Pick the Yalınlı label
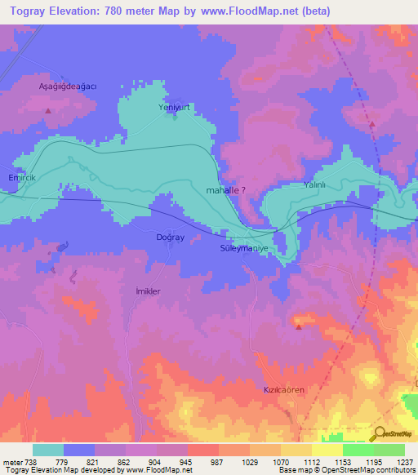tap(314, 185)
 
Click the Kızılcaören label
tap(283, 390)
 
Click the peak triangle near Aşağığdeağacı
tap(48, 110)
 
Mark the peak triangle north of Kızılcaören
tap(299, 327)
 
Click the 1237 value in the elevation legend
tap(406, 462)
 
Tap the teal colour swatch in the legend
tap(48, 450)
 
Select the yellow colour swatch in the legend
tap(327, 450)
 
